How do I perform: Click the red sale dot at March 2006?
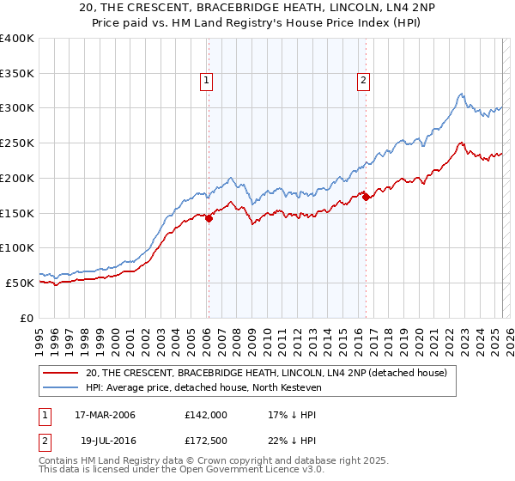point(209,218)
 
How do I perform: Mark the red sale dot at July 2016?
point(366,197)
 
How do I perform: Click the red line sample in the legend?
point(60,373)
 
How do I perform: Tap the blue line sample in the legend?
point(60,388)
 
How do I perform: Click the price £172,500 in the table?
point(206,440)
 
